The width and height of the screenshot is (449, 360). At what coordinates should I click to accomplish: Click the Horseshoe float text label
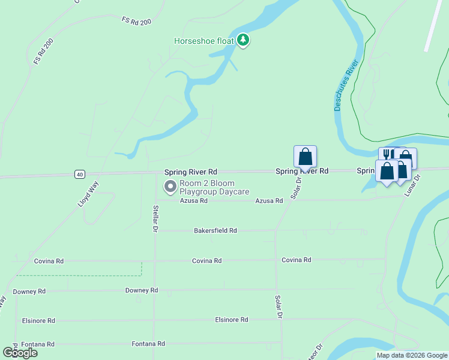coord(203,41)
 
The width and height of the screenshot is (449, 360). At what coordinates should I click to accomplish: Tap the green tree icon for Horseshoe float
coord(243,40)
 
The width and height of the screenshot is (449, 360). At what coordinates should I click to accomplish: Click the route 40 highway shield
coord(79,174)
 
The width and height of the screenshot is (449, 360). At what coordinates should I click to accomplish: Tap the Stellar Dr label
coord(155,218)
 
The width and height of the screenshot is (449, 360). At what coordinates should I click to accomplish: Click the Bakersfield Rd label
coord(215,230)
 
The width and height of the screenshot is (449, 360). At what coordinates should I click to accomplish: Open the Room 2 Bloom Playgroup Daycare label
coord(214,187)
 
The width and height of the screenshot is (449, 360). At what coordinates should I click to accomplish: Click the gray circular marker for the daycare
coord(170,187)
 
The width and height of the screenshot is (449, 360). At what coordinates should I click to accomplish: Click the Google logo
coord(20,353)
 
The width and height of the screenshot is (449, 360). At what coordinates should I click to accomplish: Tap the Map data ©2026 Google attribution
coord(412,355)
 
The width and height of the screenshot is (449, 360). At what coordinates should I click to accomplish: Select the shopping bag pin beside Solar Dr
coord(305,157)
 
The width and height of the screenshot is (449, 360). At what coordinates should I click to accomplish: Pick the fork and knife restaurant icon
coord(387,155)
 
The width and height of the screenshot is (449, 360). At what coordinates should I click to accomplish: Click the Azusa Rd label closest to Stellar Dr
coord(194,201)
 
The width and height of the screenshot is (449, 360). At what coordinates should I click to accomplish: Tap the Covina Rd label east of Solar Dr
coord(297,260)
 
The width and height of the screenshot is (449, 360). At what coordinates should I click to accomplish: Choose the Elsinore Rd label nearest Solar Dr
coord(232,320)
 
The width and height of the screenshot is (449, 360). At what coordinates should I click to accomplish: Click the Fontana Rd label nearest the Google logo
coord(38,344)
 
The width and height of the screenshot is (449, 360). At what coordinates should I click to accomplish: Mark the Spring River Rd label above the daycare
coord(191,172)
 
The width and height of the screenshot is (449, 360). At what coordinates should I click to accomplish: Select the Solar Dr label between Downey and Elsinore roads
coord(279,306)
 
